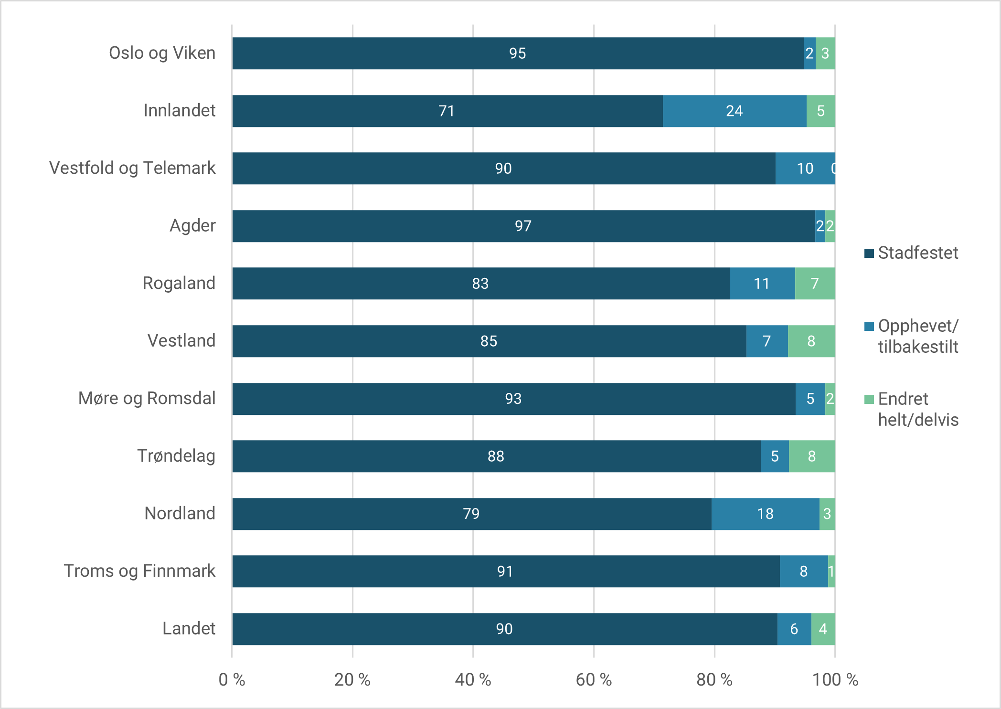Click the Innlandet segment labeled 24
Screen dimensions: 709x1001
click(734, 111)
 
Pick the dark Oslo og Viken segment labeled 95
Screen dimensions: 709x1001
click(517, 53)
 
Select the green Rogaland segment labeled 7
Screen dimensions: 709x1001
click(815, 284)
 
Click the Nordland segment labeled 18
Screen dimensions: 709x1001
click(765, 514)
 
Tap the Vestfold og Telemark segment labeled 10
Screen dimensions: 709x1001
click(805, 169)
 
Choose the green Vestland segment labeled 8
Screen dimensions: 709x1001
click(811, 341)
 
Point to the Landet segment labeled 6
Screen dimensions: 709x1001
click(794, 629)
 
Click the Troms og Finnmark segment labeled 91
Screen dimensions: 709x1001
click(505, 571)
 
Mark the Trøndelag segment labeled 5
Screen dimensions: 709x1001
click(775, 456)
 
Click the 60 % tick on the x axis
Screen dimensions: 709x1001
click(594, 679)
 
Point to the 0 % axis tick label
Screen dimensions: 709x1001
click(232, 679)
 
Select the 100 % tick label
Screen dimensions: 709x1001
click(835, 679)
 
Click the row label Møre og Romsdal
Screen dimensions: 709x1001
click(147, 398)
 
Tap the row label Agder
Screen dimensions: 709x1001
click(192, 225)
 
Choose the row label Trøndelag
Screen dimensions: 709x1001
click(176, 456)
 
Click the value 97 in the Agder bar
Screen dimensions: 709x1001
click(523, 226)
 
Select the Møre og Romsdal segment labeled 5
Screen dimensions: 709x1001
click(810, 399)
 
